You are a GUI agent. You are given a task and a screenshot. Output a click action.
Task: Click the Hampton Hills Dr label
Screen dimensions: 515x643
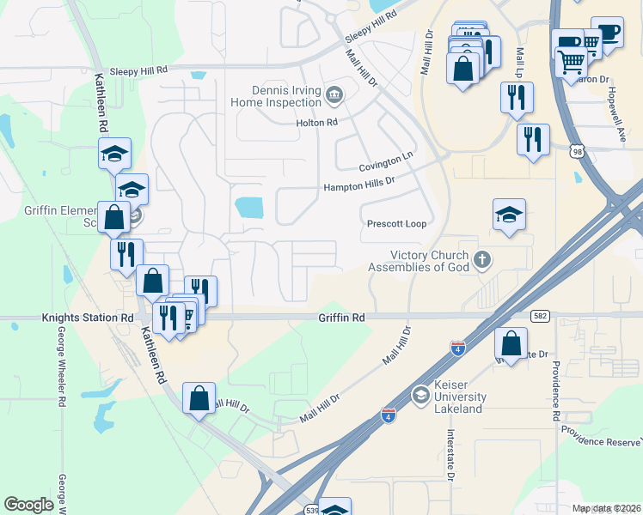click(358, 184)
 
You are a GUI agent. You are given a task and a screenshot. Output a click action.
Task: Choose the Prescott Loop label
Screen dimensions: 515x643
click(396, 224)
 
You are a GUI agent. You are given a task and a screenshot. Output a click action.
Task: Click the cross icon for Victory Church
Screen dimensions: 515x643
click(484, 258)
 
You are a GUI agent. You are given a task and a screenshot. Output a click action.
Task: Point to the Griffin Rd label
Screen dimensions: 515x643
click(340, 318)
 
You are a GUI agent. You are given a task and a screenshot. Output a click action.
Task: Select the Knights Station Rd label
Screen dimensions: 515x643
click(88, 318)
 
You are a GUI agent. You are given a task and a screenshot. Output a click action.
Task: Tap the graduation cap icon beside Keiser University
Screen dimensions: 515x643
click(420, 394)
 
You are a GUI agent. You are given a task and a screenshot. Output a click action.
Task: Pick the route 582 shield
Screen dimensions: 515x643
click(540, 316)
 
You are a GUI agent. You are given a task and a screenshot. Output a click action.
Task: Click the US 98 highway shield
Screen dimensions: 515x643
click(577, 150)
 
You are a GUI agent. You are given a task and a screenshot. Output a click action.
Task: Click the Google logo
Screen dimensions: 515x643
click(28, 505)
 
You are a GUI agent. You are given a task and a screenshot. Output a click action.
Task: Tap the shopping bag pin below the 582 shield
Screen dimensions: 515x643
click(511, 344)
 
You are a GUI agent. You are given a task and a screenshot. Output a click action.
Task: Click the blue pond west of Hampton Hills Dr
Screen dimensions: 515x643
click(248, 206)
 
